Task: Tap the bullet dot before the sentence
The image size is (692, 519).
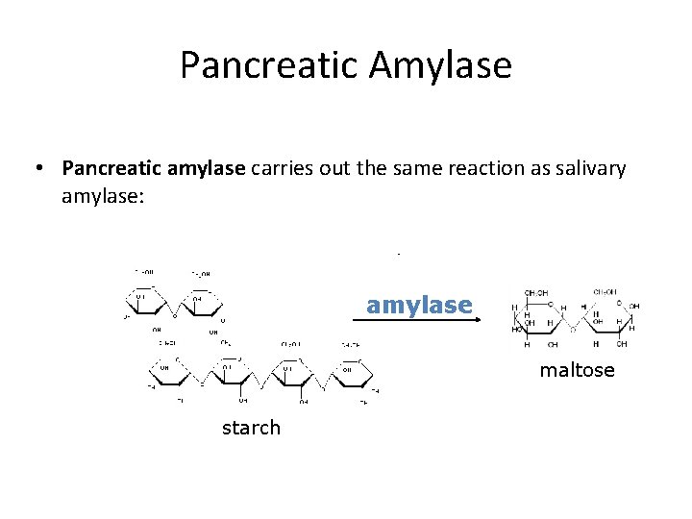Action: click(x=39, y=169)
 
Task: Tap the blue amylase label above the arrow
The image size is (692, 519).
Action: click(x=419, y=306)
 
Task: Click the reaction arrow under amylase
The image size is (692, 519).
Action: click(x=418, y=323)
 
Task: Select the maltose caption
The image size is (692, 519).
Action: click(x=577, y=370)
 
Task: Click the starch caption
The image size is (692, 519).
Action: click(x=251, y=428)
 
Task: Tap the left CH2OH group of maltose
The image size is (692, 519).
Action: click(x=536, y=292)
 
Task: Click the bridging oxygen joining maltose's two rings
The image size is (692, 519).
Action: click(x=573, y=327)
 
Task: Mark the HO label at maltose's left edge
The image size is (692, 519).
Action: click(x=518, y=329)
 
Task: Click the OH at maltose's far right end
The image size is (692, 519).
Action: click(x=634, y=307)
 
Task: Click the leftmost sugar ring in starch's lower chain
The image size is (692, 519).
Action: click(x=166, y=371)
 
